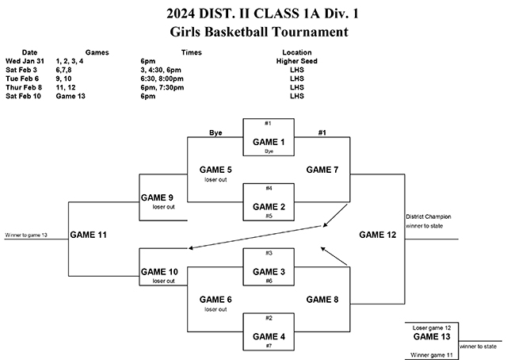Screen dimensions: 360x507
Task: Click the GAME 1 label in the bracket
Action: pos(269,141)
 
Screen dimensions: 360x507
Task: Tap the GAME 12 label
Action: pos(378,235)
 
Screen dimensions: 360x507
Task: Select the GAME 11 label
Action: pos(88,235)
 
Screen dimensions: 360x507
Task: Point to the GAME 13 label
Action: pos(431,336)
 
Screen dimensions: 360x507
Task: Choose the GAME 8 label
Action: pos(322,299)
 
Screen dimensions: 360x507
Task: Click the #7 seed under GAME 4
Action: pos(269,347)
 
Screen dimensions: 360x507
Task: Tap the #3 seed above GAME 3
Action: pos(269,253)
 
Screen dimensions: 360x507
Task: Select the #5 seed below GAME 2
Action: pos(269,216)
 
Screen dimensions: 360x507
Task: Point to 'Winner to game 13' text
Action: pos(27,235)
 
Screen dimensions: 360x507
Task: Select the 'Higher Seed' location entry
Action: pos(297,60)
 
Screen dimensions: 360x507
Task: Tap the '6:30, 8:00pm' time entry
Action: pos(164,78)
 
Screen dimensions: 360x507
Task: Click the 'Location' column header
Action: pos(297,52)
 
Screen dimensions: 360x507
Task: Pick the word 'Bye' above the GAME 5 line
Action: pos(214,132)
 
